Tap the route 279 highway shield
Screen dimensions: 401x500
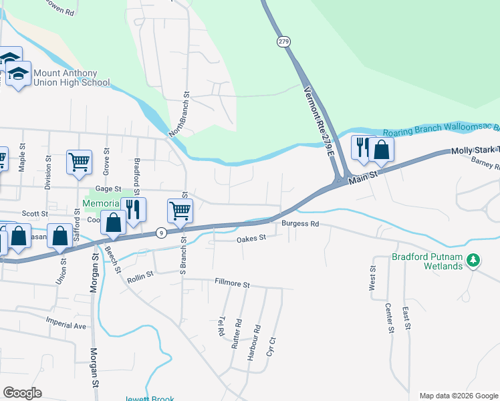coord(283,41)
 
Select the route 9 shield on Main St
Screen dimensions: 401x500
coord(161,233)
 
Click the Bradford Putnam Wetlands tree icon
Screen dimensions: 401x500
coord(473,259)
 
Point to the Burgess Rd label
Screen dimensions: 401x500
coord(300,224)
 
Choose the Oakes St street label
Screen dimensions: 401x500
coord(251,238)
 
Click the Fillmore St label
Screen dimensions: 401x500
coord(231,284)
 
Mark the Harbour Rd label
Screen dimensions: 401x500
coord(253,343)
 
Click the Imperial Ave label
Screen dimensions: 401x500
coord(66,325)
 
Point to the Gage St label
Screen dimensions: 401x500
coord(108,190)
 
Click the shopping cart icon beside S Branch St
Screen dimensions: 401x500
coord(180,211)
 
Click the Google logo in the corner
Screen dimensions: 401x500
coord(22,393)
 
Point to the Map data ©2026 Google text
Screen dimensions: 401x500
coord(458,396)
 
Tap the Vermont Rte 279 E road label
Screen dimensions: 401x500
coord(319,122)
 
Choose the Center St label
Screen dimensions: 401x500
coord(388,318)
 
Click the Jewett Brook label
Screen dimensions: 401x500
coord(152,398)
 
